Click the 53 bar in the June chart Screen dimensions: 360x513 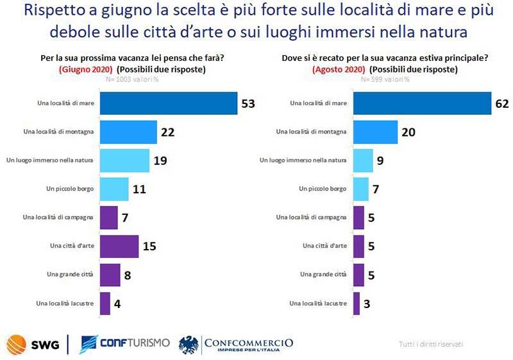[169, 103]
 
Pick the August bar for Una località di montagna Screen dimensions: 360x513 [375, 132]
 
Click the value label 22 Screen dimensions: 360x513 [168, 132]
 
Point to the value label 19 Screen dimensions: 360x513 [160, 160]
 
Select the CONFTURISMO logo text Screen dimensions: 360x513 [125, 344]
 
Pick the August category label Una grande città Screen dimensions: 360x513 [323, 274]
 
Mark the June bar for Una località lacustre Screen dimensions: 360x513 [105, 303]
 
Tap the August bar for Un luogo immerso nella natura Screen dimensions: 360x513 [363, 160]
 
